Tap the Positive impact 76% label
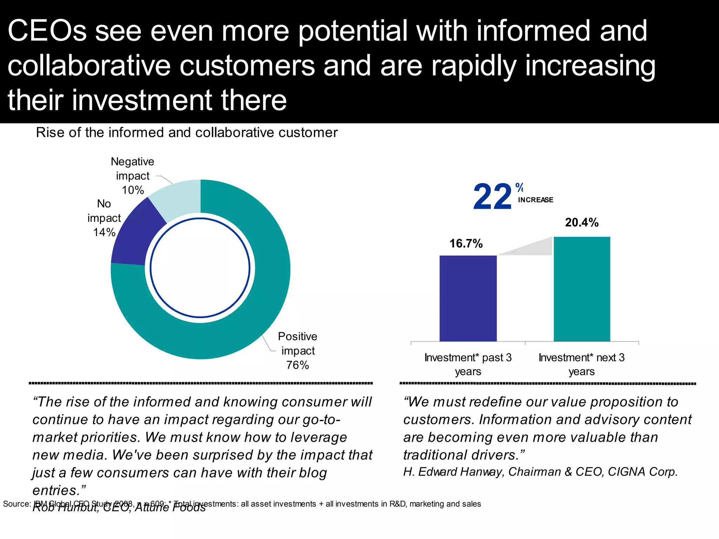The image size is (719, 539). pos(297,351)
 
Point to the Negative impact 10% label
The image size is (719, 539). pos(133,175)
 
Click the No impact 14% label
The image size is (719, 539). pos(104,218)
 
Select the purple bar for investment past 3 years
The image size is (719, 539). pos(468,298)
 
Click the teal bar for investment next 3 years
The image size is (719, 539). pos(582,289)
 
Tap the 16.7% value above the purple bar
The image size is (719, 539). pos(466,244)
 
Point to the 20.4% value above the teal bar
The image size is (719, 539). pos(581,222)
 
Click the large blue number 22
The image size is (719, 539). pos(492,197)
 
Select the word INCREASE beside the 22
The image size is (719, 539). pos(535,200)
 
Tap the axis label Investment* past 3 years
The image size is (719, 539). pos(468,364)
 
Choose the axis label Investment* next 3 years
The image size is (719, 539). pos(581,364)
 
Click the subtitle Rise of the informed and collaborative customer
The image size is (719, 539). pos(186,133)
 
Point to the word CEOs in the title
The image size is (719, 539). pos(47,31)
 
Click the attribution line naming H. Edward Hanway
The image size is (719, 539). pos(540,472)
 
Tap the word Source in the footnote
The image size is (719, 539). pos(16,504)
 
